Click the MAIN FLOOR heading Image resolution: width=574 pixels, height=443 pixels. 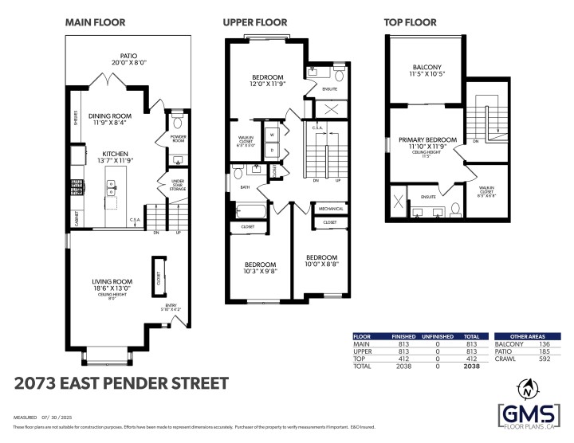[94, 23]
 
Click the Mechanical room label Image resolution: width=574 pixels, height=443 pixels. [330, 209]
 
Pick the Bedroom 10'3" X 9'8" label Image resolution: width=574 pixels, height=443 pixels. [260, 269]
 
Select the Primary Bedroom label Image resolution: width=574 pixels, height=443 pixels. [428, 143]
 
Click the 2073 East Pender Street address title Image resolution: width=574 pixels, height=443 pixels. [121, 383]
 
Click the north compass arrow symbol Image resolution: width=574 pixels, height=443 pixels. [527, 389]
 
